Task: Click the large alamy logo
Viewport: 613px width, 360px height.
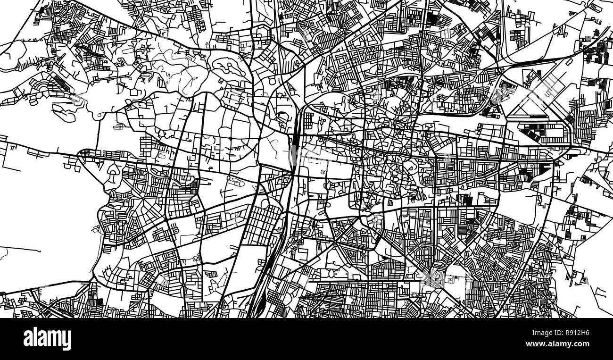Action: coord(47,339)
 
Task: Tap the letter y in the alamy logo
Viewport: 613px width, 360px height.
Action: coord(66,341)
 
